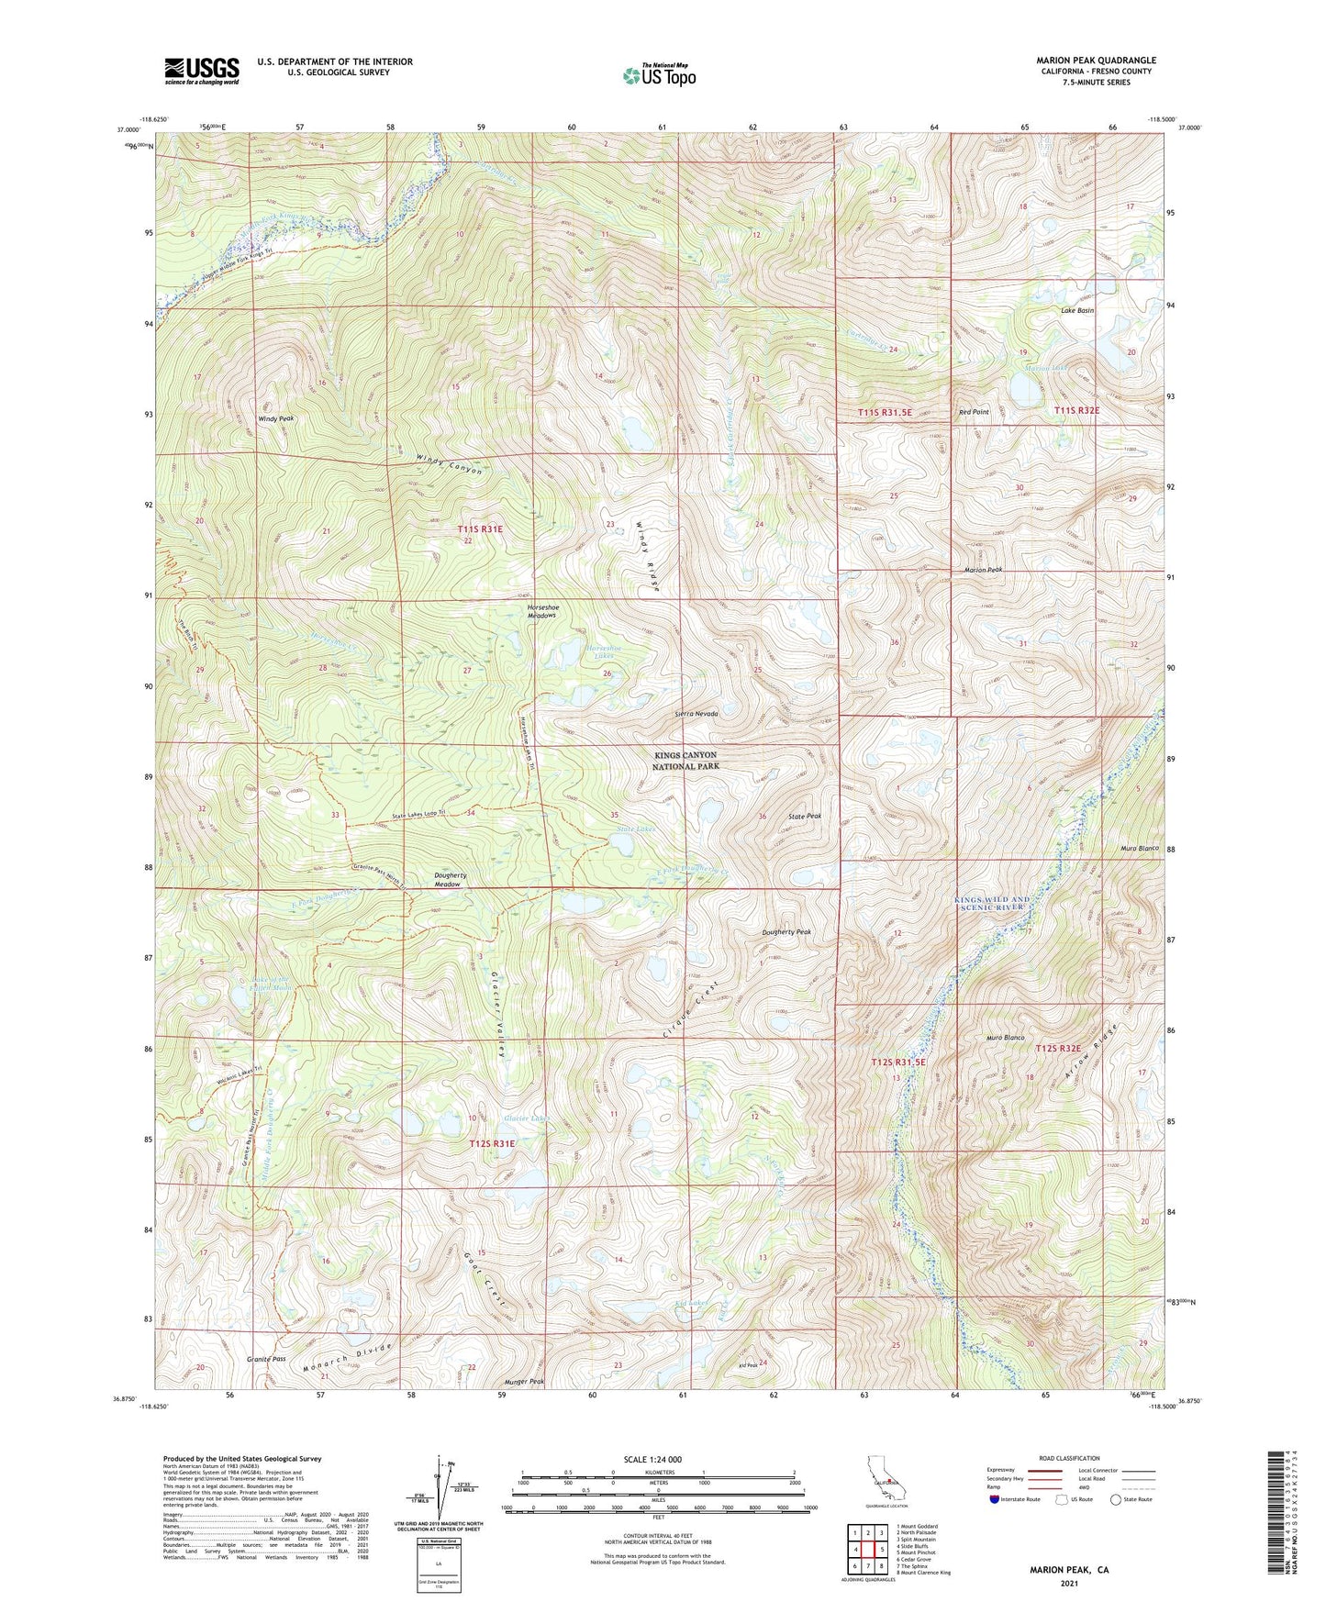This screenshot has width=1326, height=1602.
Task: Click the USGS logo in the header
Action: (202, 70)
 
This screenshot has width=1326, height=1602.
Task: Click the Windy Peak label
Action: (276, 418)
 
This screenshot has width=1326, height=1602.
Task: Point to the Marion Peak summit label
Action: (983, 570)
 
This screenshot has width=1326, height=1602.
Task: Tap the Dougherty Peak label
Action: (786, 932)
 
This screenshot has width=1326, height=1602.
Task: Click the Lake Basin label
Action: (1077, 310)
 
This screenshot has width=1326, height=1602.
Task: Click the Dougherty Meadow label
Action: (450, 879)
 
